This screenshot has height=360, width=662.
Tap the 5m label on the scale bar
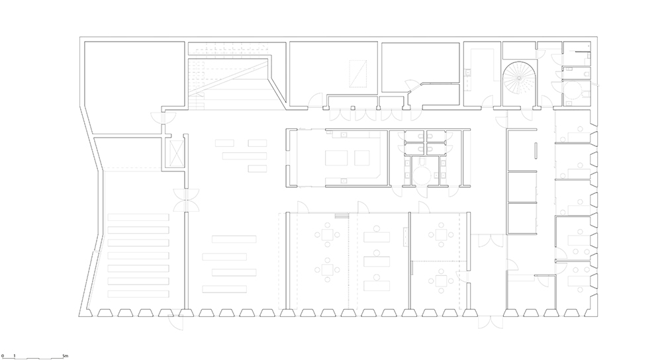tap(63, 355)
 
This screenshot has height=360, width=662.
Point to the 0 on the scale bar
tap(3, 355)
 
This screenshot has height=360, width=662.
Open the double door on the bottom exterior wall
tap(490, 322)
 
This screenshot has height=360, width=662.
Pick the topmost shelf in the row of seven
tap(138, 216)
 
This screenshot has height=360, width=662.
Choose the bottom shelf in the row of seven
tap(138, 292)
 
